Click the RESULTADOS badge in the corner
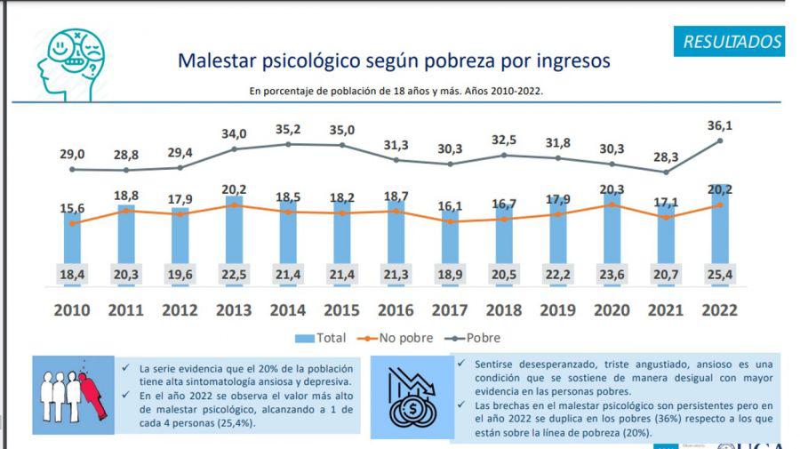[x=732, y=41]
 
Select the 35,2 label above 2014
[x=287, y=129]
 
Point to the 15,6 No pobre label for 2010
[x=72, y=207]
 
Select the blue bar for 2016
[x=396, y=240]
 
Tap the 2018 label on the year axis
[x=503, y=310]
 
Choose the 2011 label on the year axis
[x=125, y=310]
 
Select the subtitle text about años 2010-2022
[x=396, y=91]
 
